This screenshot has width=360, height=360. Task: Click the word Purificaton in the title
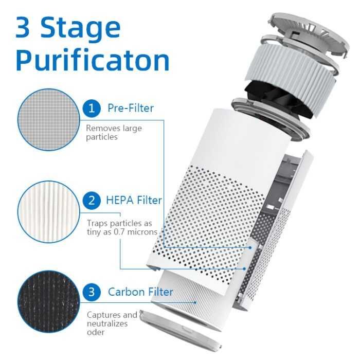coord(93,60)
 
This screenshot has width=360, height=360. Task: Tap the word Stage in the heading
coord(80,28)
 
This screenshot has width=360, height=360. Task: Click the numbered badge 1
coord(92,108)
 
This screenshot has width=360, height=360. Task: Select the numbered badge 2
coord(92,200)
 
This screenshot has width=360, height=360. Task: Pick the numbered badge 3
coord(92,292)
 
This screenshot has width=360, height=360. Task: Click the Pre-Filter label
coord(131,108)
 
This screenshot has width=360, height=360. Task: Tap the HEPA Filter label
coord(134,200)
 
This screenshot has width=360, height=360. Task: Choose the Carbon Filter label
coord(140,292)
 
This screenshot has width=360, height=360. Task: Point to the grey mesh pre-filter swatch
coord(49,119)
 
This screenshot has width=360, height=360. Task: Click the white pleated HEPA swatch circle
coord(49,212)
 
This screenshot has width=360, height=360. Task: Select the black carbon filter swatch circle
coord(49,302)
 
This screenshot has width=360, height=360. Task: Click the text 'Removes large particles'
coord(114,133)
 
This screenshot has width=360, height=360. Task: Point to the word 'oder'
coord(96,332)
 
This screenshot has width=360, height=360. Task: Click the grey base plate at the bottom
coord(181,329)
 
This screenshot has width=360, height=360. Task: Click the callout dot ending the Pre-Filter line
coord(250,248)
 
